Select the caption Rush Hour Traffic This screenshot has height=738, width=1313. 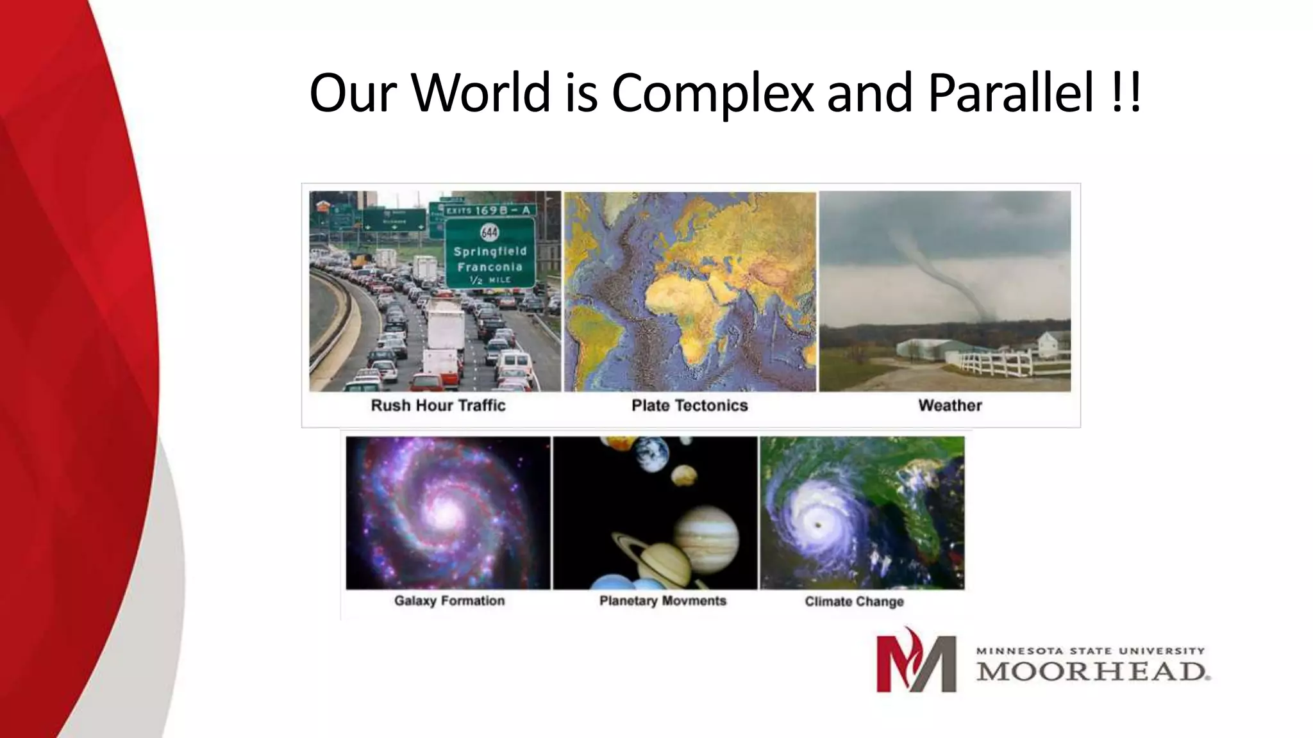[x=438, y=406]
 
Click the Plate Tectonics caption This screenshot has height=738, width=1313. [x=689, y=406]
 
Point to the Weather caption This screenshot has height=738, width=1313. [x=949, y=406]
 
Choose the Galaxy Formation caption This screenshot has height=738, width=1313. [x=449, y=601]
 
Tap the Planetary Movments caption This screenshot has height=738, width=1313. [x=662, y=601]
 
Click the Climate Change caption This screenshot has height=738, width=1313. [x=854, y=602]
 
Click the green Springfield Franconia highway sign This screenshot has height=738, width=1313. [x=490, y=254]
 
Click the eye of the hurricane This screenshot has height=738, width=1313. [x=819, y=525]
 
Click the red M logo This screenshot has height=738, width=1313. [x=916, y=660]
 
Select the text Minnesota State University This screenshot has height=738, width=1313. [x=1090, y=650]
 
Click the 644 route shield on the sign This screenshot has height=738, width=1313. [x=489, y=232]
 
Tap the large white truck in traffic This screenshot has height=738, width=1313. [x=446, y=327]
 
